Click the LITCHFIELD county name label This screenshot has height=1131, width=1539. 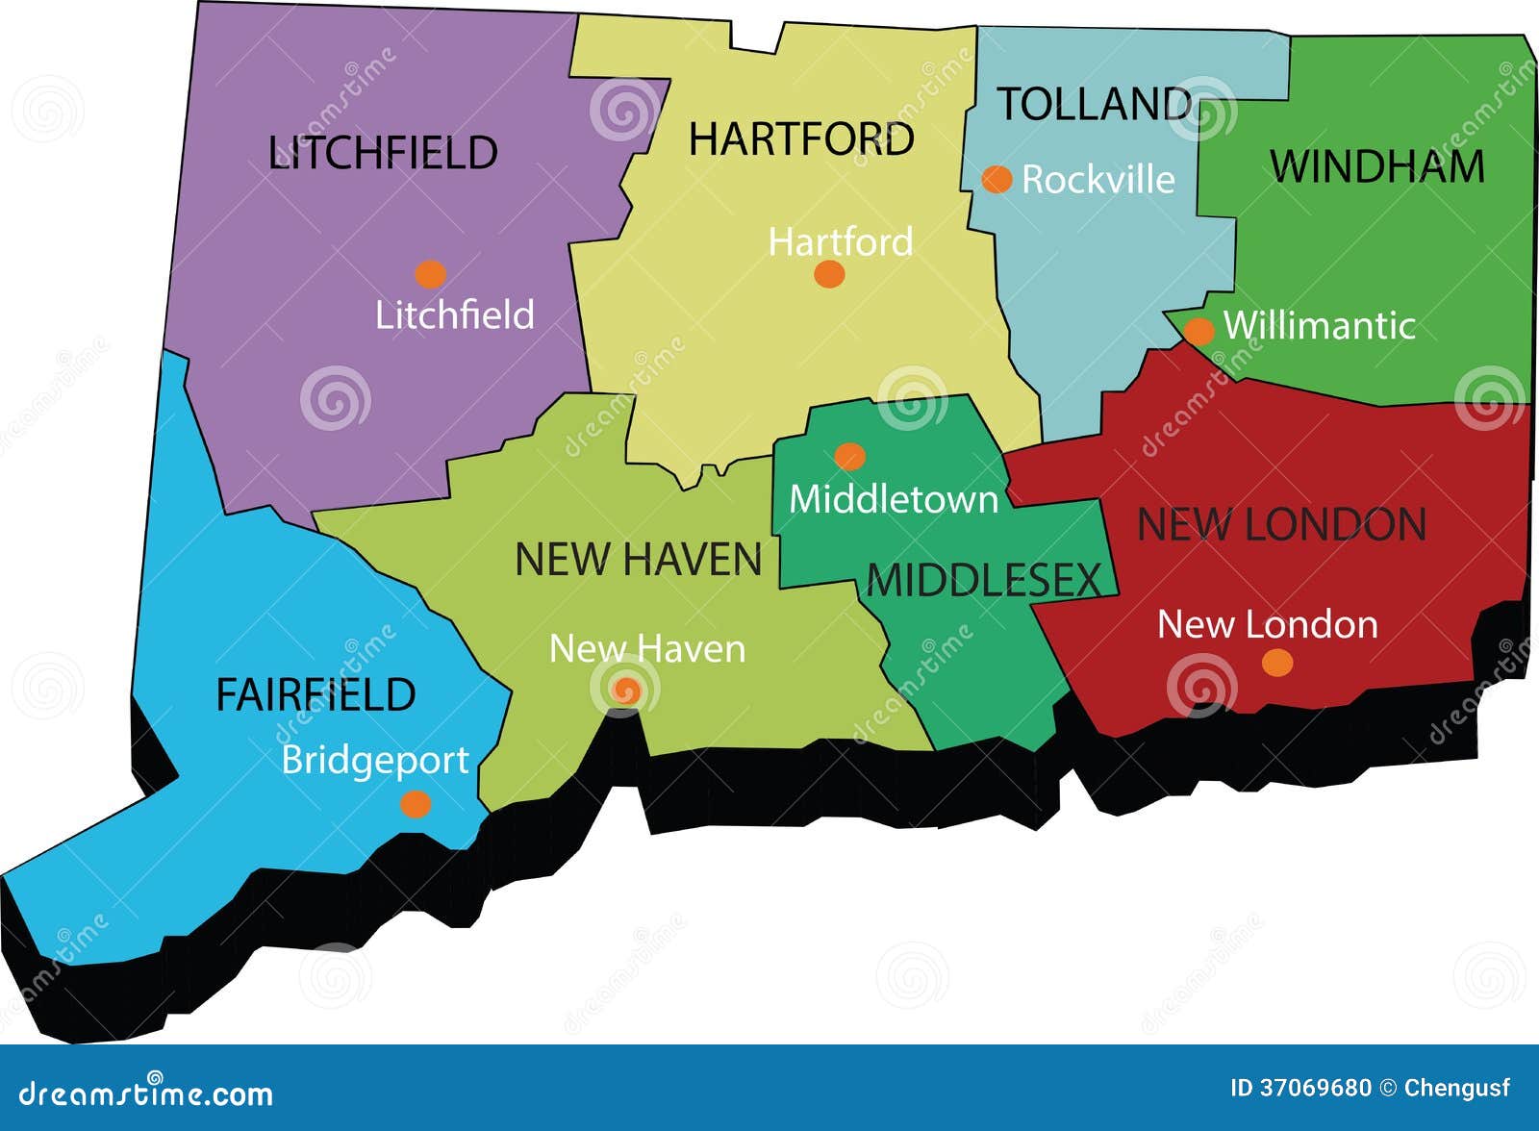pos(383,153)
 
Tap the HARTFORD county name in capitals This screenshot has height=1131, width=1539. pos(801,140)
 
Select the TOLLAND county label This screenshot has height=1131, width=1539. pos(1094,104)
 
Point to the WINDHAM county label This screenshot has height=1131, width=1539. pos(1377,166)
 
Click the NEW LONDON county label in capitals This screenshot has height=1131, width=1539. pos(1281,525)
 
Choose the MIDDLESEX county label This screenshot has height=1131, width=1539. pos(983,581)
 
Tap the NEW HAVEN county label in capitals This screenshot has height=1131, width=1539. pos(638,560)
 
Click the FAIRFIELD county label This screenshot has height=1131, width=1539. pos(315,694)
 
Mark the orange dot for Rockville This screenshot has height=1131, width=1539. pos(997,179)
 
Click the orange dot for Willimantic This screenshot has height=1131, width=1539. pos(1198,331)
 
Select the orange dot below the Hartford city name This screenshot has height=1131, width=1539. pos(829,274)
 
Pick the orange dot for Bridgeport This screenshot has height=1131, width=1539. pos(415,804)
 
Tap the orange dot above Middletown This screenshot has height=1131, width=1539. pos(849,456)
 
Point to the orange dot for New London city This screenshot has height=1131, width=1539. pos(1276,663)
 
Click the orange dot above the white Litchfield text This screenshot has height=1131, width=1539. pos(430,274)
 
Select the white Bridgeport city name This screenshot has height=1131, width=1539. pos(375,761)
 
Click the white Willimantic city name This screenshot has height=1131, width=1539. pos(1319,326)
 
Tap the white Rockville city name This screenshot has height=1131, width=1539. pos(1098,180)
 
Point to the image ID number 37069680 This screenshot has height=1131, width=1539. pos(1315,1088)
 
